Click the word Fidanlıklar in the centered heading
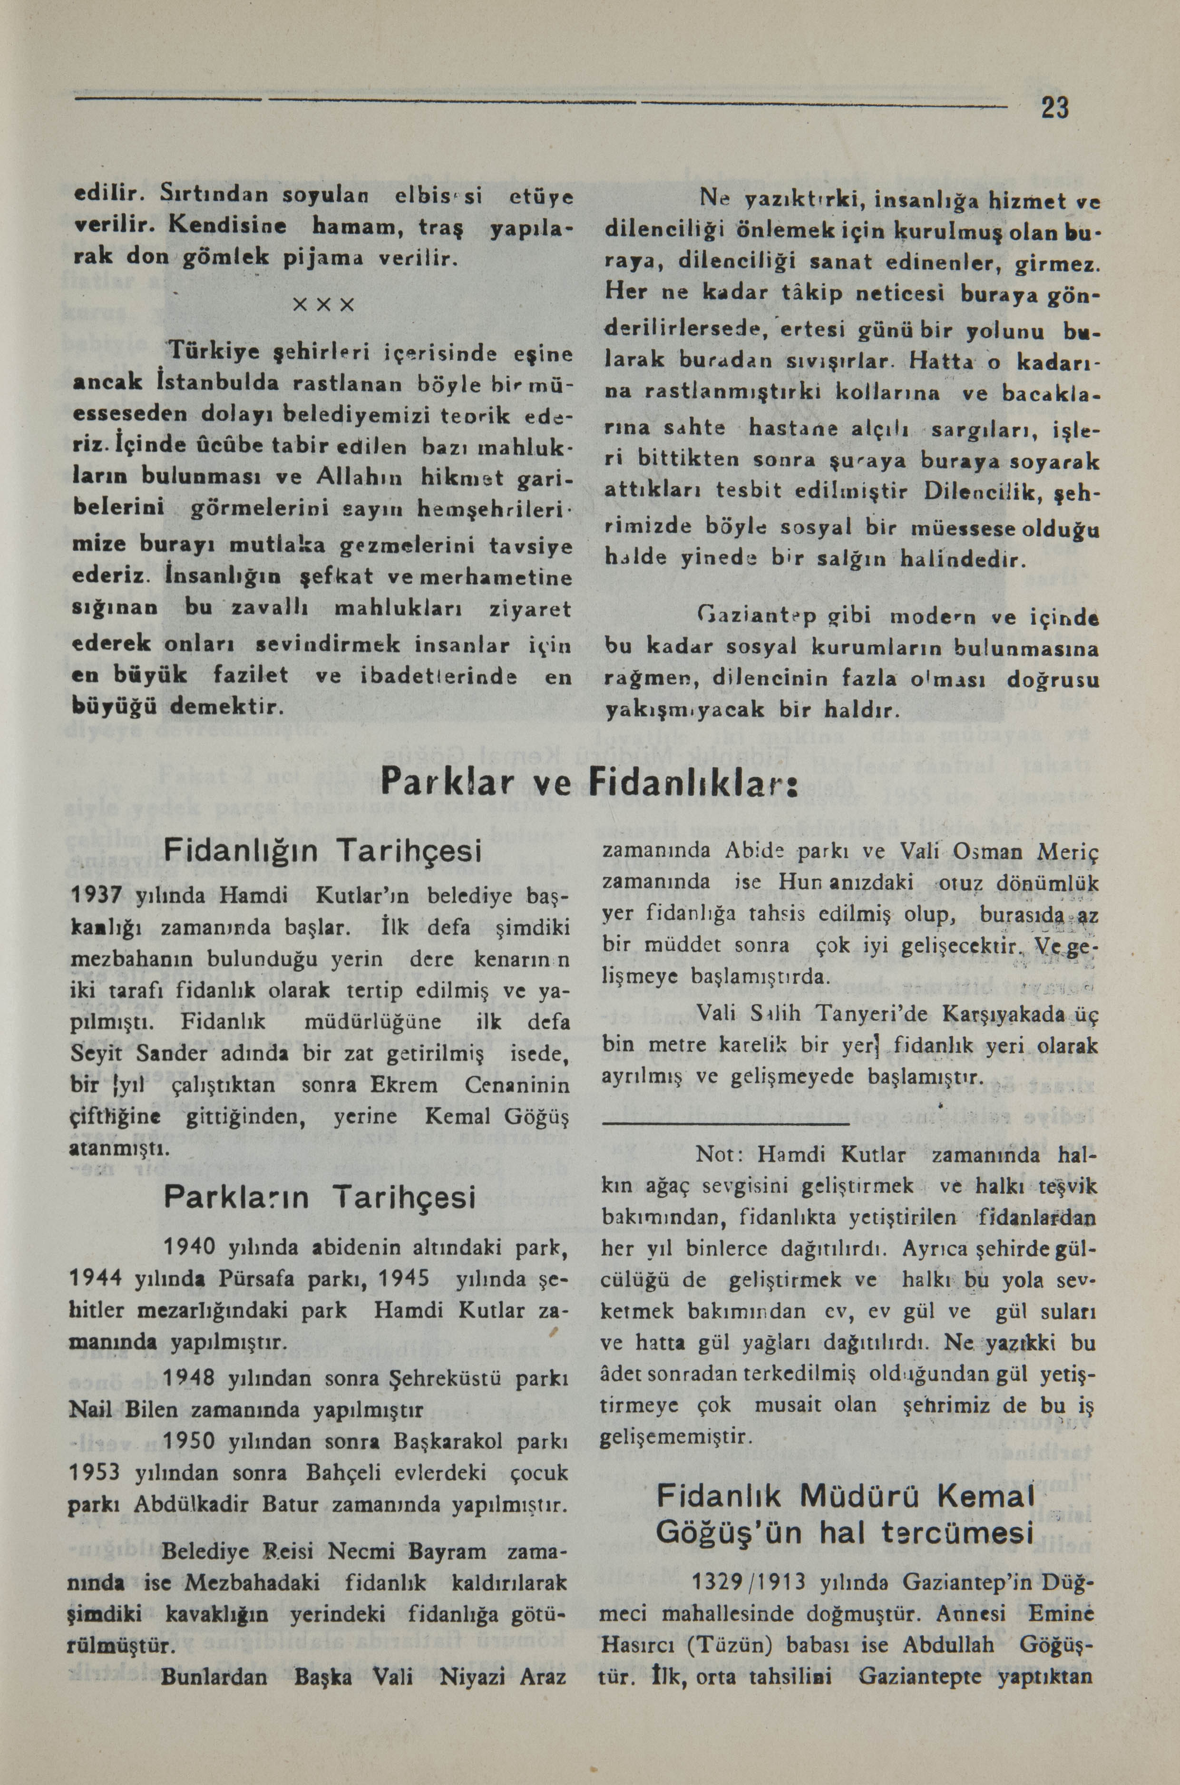coord(692,784)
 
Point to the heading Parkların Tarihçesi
coord(320,1197)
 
